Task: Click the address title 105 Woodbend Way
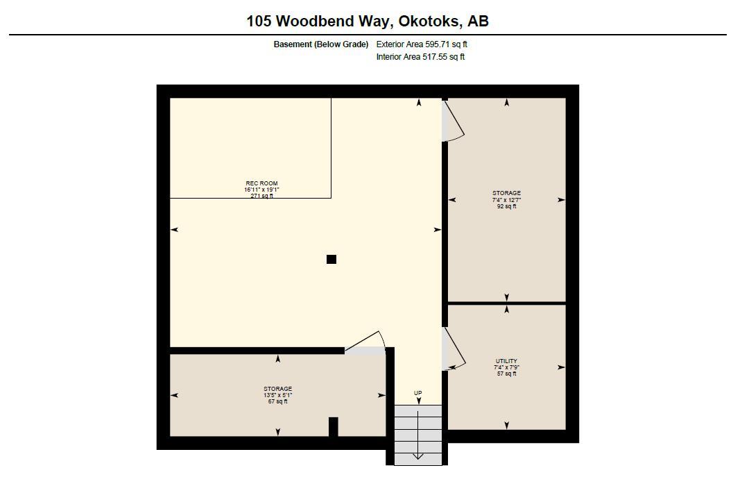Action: click(x=367, y=21)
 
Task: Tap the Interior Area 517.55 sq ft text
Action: click(x=420, y=57)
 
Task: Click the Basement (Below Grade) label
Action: click(x=321, y=44)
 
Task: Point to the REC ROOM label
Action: click(x=261, y=183)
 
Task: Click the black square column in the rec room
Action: click(x=331, y=259)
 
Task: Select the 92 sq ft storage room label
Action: click(x=506, y=200)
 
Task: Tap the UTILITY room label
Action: click(x=506, y=361)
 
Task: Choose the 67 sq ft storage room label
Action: click(x=277, y=395)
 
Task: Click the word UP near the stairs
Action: click(x=418, y=393)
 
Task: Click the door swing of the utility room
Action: click(x=452, y=349)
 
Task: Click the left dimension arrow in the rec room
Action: click(x=174, y=230)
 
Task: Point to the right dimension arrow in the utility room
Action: click(x=561, y=367)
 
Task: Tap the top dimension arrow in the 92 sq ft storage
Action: click(x=507, y=103)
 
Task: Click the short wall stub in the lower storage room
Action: click(x=333, y=426)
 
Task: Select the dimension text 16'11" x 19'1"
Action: click(x=261, y=190)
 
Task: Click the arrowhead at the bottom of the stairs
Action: click(x=418, y=456)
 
